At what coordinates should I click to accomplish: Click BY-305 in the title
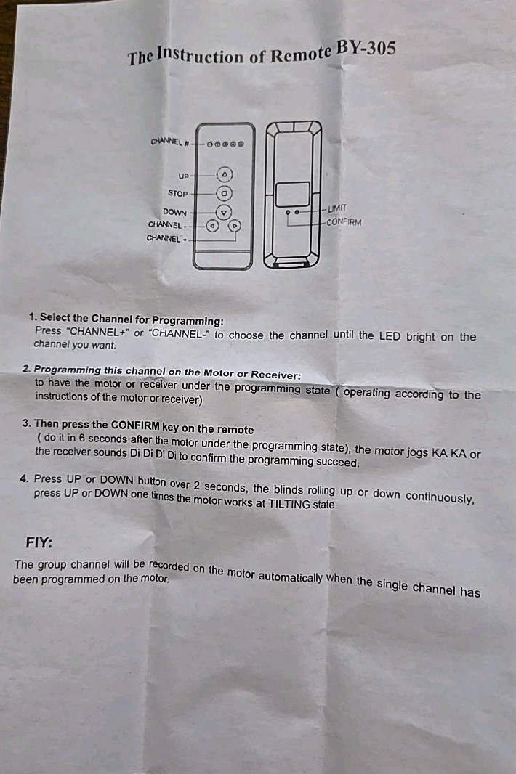coord(366,49)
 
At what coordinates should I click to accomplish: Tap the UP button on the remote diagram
coord(225,175)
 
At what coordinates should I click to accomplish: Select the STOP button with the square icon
coord(224,193)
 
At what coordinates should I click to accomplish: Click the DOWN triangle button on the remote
coord(224,212)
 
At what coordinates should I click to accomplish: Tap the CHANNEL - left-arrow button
coord(212,226)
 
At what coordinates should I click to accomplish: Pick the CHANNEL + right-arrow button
coord(235,226)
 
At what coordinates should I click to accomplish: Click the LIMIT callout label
coord(337,209)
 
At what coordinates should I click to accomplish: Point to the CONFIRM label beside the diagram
coord(344,222)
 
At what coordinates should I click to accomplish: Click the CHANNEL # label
coord(170,142)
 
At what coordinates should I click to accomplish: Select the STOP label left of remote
coord(178,193)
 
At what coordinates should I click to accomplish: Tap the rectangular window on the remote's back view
coord(293,194)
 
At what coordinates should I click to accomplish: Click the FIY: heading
coord(39,542)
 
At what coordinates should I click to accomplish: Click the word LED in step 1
coord(390,336)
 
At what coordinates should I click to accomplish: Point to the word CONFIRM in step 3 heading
coord(135,425)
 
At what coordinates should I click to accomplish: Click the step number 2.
coord(26,369)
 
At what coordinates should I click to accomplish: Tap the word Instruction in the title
coord(201,55)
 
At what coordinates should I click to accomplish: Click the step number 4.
coord(25,478)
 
